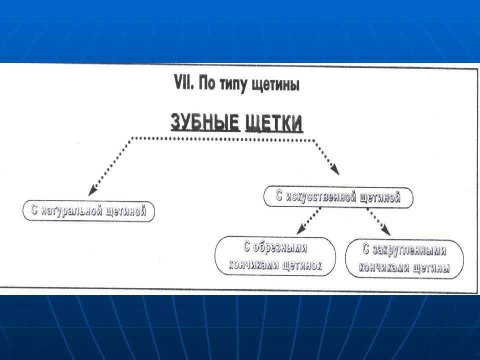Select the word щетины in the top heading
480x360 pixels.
[x=275, y=85]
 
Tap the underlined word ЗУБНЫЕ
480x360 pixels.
[x=205, y=122]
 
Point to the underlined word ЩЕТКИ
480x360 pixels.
[x=274, y=123]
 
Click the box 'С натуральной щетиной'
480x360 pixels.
[x=89, y=211]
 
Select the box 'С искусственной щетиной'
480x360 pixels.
[x=338, y=197]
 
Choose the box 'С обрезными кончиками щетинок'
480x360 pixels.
[x=275, y=256]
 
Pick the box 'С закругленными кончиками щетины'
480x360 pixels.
[x=404, y=259]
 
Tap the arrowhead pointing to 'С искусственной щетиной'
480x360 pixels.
[x=335, y=169]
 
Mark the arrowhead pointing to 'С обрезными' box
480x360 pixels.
[x=300, y=229]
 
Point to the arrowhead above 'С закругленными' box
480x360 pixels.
[x=385, y=230]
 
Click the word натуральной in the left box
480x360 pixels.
[x=71, y=211]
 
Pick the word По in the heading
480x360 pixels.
[x=207, y=83]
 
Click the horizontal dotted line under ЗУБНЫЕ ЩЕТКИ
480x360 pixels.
[x=223, y=139]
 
